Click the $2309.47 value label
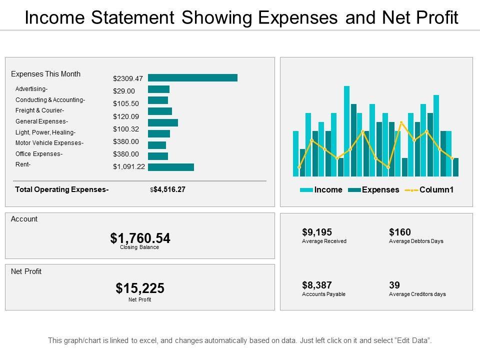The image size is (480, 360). [128, 78]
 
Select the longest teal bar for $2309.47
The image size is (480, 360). [192, 77]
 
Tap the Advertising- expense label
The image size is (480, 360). [31, 89]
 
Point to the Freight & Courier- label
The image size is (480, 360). [39, 110]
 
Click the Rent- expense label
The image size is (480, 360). [23, 164]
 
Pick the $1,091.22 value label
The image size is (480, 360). [129, 167]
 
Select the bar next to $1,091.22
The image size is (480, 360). [170, 167]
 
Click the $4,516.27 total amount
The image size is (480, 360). [169, 189]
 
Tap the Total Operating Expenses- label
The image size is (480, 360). [62, 189]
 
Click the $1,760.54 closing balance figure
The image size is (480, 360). [140, 238]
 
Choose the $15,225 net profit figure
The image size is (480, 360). [140, 288]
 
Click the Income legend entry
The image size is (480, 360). [328, 190]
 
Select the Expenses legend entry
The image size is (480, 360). [380, 190]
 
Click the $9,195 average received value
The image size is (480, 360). [317, 232]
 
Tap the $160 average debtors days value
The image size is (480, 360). [399, 232]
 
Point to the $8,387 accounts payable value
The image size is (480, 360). [317, 285]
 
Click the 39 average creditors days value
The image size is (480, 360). [394, 285]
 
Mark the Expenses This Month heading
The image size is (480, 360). [45, 74]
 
